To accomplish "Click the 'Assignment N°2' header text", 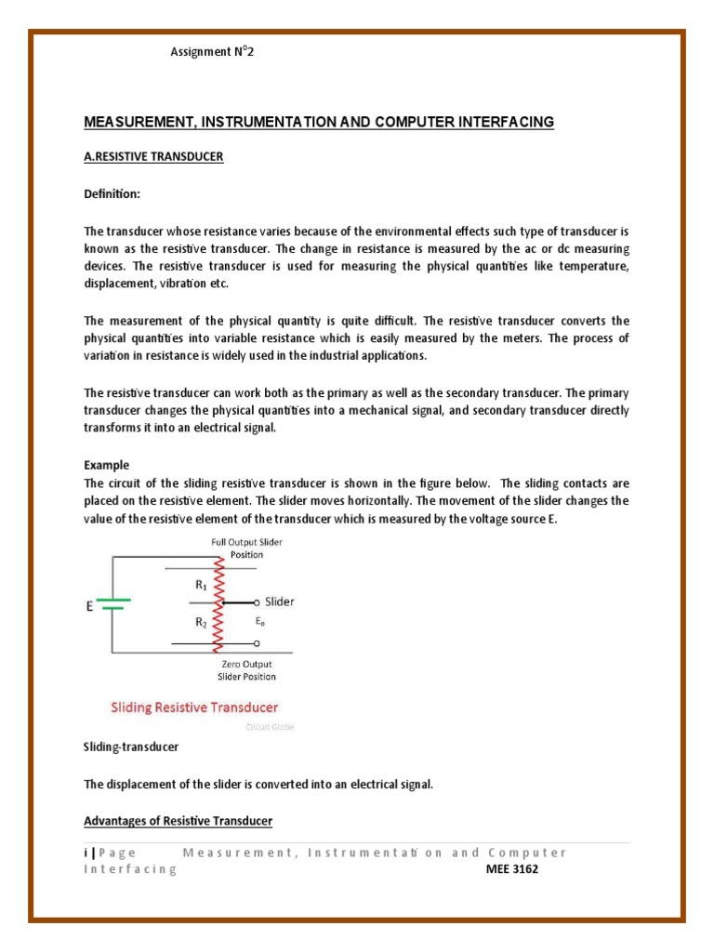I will [211, 52].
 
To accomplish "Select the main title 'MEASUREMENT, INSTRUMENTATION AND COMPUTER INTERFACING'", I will [319, 122].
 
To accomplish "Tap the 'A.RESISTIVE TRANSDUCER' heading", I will [153, 157].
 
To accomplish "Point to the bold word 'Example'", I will [107, 465].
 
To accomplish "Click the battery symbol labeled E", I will [113, 605].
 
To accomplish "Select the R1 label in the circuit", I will [202, 586].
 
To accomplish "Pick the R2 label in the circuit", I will [202, 624].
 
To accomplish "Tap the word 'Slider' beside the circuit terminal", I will [280, 602].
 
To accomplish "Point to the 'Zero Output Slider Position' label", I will [246, 669].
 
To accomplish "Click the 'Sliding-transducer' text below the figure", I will [131, 747].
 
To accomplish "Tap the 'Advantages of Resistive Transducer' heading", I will [178, 821].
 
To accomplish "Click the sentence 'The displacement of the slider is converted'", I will [258, 784].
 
